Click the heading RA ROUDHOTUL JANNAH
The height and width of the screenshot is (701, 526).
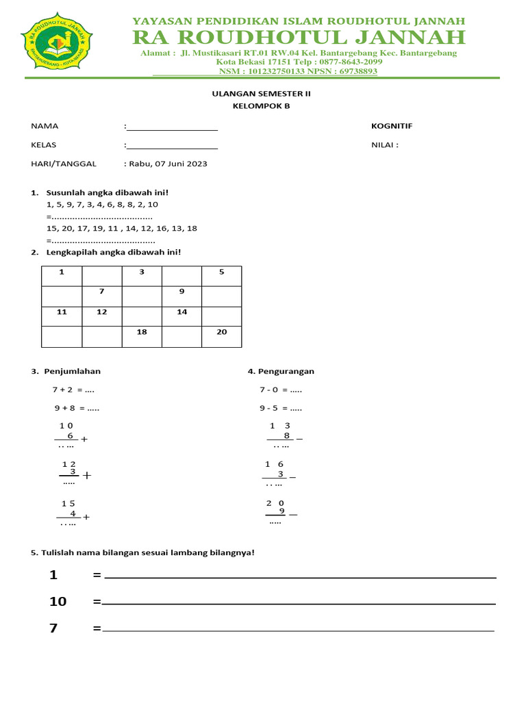[x=299, y=37]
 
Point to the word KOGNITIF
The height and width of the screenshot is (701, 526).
[x=392, y=126]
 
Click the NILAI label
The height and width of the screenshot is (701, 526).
[x=384, y=145]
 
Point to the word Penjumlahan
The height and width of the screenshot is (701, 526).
[x=72, y=372]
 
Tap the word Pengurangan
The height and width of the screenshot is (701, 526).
[x=286, y=372]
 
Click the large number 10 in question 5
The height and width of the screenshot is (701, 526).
[x=58, y=602]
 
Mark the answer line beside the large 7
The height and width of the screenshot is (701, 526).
[x=298, y=629]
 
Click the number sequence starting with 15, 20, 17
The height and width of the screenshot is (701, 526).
[x=122, y=229]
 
